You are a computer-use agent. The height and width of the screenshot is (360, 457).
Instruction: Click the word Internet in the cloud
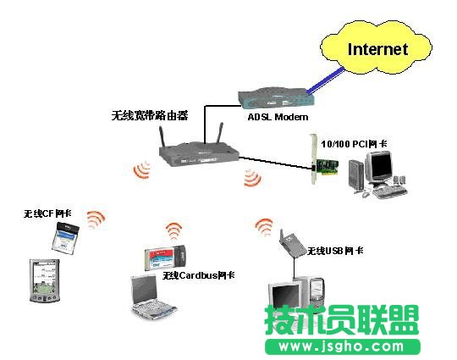coord(377,48)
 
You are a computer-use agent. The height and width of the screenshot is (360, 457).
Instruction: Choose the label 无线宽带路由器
coord(150,114)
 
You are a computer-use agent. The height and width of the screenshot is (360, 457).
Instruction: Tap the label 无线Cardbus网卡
coord(199,275)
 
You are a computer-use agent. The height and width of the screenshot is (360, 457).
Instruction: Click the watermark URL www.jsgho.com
coord(342,346)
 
